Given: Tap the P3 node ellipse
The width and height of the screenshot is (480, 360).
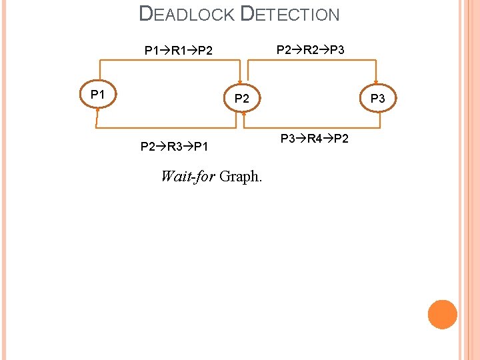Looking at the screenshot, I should coord(377,98).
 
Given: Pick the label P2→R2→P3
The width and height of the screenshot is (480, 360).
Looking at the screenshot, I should coord(311,49).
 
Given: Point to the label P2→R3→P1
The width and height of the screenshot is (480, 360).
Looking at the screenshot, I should coord(174,146).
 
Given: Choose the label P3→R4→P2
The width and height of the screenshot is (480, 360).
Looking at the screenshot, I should coord(314,139).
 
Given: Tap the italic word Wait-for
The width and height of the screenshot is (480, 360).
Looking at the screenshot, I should coord(188,177).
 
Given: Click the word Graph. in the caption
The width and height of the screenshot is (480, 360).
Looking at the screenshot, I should coord(241,177).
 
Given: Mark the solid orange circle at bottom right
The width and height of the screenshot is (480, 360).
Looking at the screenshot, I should coord(443,314).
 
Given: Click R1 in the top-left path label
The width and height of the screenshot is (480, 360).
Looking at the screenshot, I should coord(178,50).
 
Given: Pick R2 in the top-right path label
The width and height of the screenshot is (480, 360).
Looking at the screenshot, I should coord(311,49).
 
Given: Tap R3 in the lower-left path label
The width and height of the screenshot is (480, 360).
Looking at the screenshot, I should coord(174,146).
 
